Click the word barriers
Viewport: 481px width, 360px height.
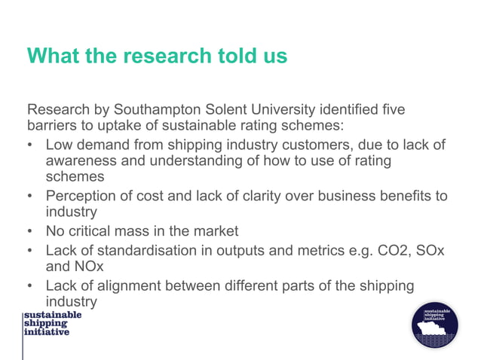click(53, 126)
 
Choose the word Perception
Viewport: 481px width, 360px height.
click(84, 196)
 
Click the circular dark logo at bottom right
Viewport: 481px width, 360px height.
click(434, 325)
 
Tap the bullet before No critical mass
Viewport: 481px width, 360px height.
click(29, 231)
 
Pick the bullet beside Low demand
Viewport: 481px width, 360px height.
click(29, 144)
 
